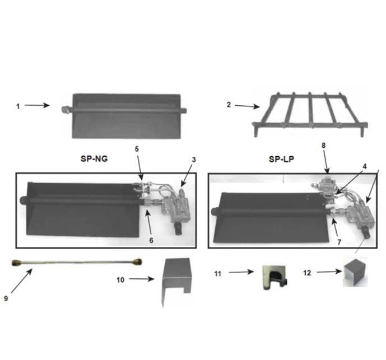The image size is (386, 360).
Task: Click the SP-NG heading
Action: click(94, 158)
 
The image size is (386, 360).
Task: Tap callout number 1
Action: click(18, 105)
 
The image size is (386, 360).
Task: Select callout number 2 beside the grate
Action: click(229, 105)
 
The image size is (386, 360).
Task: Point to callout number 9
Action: click(6, 298)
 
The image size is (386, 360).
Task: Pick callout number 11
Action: click(218, 273)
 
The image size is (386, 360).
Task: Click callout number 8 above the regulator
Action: click(323, 146)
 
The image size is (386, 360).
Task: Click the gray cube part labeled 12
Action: click(354, 273)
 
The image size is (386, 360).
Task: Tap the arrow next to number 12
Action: click(329, 272)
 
